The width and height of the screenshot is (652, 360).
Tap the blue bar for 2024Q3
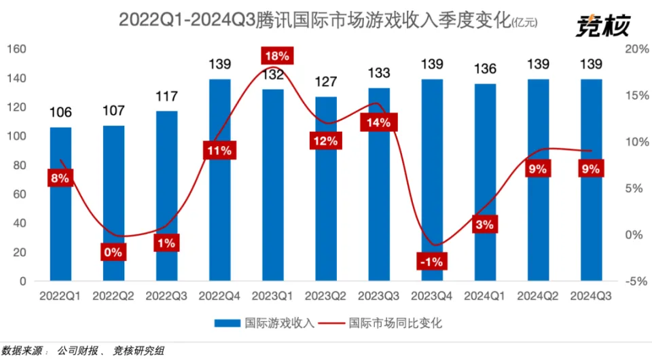tap(591, 204)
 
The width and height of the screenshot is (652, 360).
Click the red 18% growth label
tap(278, 56)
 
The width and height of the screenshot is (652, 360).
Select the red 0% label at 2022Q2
tap(113, 252)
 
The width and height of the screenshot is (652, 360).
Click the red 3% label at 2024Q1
tap(485, 224)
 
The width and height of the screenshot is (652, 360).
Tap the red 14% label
tap(378, 123)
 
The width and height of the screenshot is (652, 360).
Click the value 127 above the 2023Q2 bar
tap(325, 83)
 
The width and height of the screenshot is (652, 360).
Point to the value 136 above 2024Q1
tap(485, 69)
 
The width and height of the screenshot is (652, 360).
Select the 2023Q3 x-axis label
tap(378, 296)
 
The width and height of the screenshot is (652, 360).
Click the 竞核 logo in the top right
tap(603, 25)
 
